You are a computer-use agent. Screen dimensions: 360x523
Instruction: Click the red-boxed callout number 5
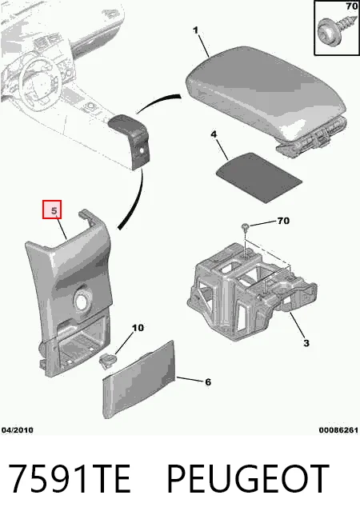click(x=52, y=210)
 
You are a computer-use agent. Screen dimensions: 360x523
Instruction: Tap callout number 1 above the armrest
click(x=195, y=30)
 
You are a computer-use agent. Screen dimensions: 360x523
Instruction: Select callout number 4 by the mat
click(x=214, y=134)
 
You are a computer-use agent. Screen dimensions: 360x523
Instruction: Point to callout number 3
click(x=306, y=343)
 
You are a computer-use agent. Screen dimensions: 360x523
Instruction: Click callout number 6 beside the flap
click(x=208, y=382)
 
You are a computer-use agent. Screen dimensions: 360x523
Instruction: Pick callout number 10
click(x=138, y=328)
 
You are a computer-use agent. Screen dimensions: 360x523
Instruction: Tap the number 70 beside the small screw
click(x=283, y=221)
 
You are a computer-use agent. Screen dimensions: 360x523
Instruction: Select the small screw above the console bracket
click(x=246, y=227)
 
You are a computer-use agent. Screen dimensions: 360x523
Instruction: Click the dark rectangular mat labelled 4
click(x=259, y=177)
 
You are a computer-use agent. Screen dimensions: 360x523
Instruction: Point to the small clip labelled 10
click(x=108, y=361)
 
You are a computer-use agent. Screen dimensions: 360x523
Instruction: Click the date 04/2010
click(x=18, y=430)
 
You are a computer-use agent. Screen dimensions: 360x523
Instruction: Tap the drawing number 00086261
click(x=338, y=430)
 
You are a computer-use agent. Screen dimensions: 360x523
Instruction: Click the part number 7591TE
click(x=69, y=479)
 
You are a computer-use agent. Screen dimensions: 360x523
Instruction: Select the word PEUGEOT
click(x=248, y=479)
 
